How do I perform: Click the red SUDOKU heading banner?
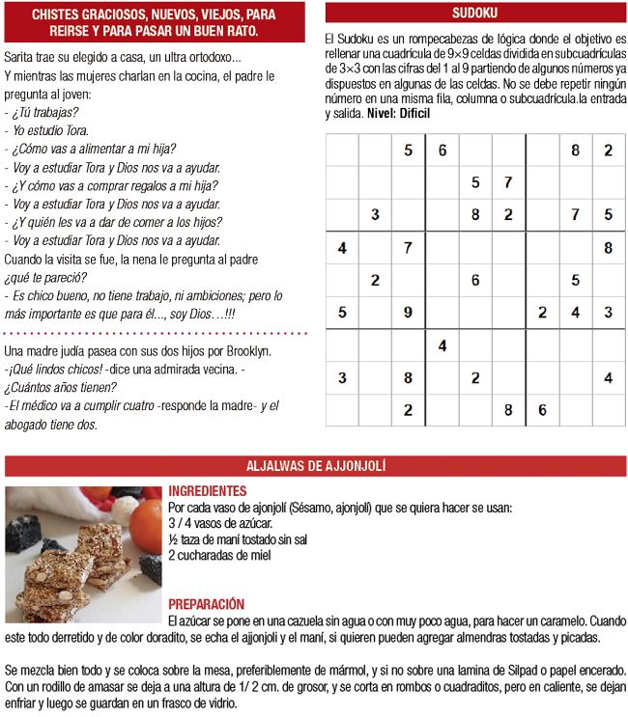(x=474, y=14)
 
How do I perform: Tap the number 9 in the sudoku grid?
(x=408, y=312)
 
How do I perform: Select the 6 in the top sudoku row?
(x=442, y=150)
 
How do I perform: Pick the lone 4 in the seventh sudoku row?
(x=442, y=345)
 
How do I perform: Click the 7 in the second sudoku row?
(x=507, y=182)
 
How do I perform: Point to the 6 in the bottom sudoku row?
(x=542, y=409)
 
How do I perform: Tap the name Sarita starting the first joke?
(x=20, y=58)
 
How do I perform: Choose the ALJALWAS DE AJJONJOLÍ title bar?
(x=316, y=466)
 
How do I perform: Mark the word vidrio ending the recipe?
(x=216, y=703)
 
